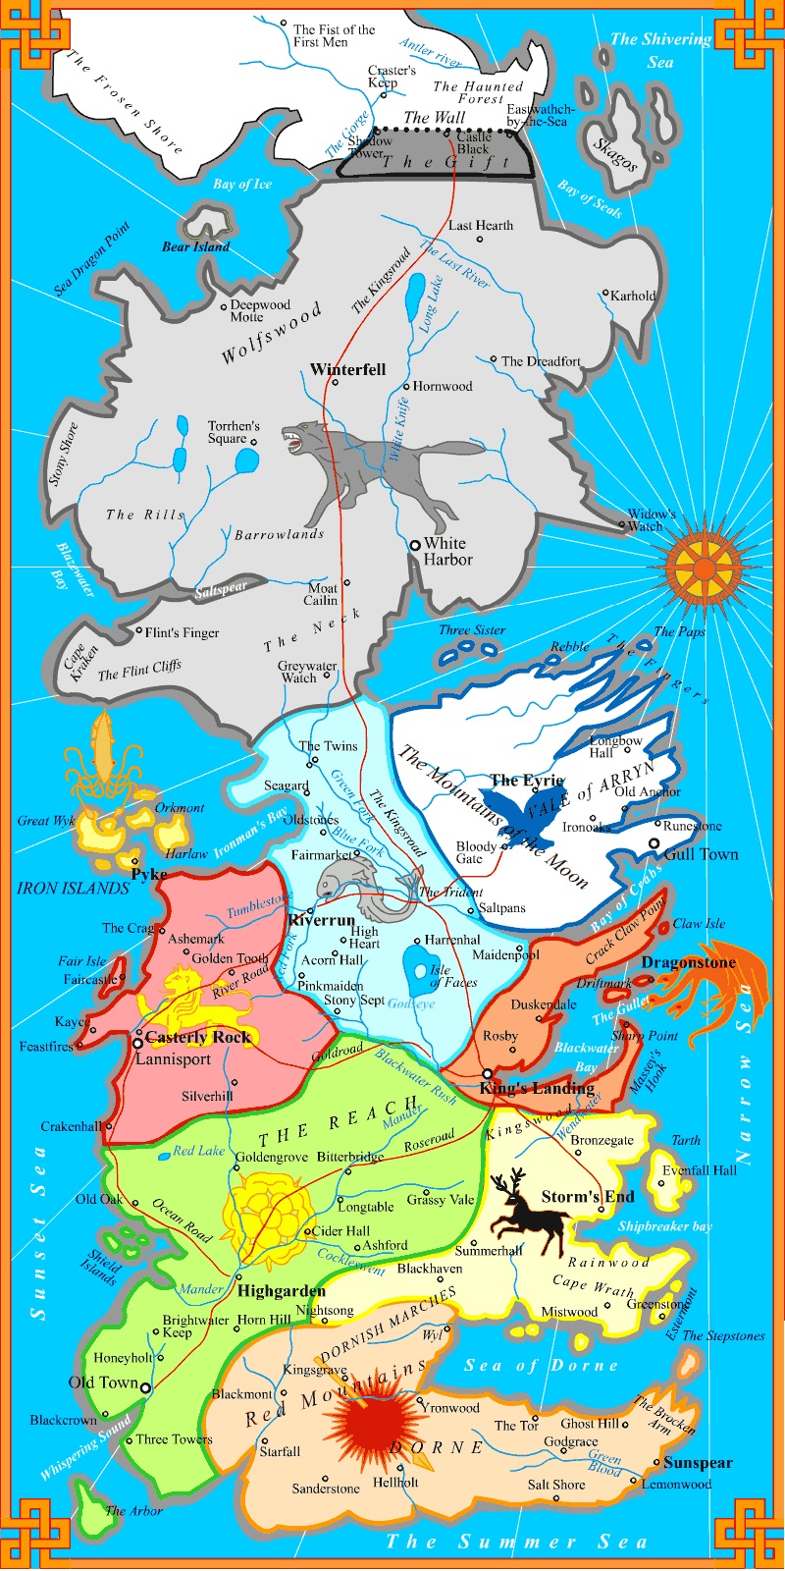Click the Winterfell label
(x=347, y=370)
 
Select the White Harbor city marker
(x=416, y=544)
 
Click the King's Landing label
(x=537, y=1087)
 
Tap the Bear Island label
(x=196, y=247)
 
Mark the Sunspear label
(x=698, y=1463)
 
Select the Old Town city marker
(x=145, y=1387)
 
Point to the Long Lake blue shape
(x=416, y=292)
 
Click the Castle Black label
(x=473, y=143)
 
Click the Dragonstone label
(x=688, y=962)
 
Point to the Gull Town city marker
(x=654, y=843)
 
